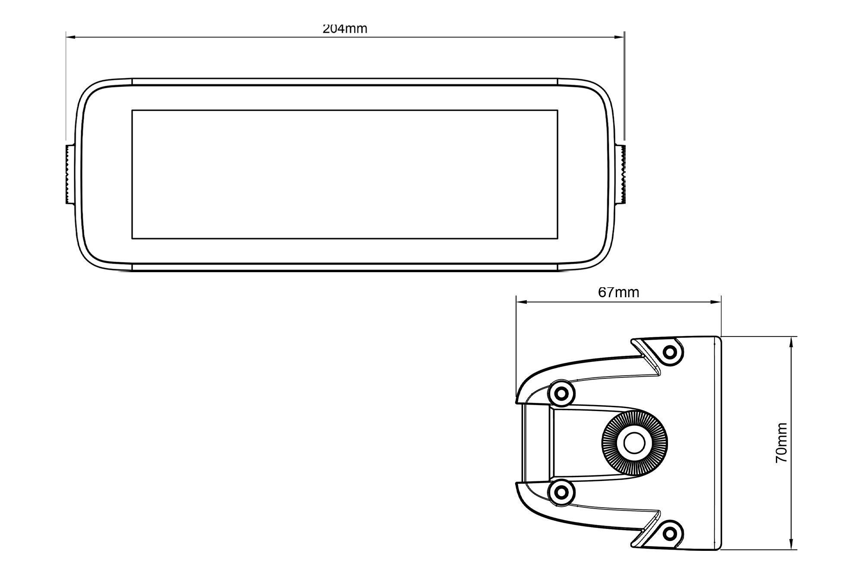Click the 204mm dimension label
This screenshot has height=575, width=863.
pyautogui.click(x=345, y=28)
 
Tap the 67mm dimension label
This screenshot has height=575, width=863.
pyautogui.click(x=618, y=292)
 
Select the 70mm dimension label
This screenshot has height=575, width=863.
pyautogui.click(x=781, y=443)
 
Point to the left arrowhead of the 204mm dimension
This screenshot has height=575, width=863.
pyautogui.click(x=71, y=38)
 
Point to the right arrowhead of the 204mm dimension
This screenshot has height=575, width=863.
pyautogui.click(x=620, y=38)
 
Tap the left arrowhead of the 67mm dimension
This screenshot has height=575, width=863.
pyautogui.click(x=522, y=302)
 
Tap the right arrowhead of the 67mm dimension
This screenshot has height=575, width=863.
pyautogui.click(x=716, y=302)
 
